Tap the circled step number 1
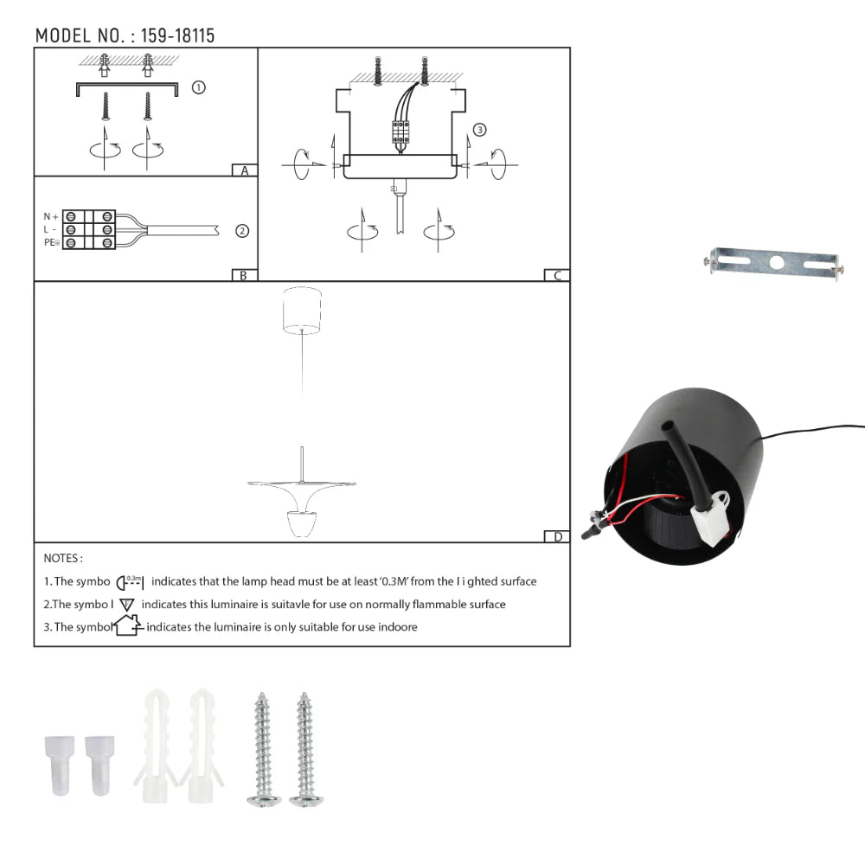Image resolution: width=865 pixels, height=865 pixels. tap(198, 87)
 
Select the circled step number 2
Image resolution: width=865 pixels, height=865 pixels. tap(242, 231)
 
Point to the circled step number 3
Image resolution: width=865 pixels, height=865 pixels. tap(480, 130)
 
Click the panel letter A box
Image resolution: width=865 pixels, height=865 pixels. tap(245, 170)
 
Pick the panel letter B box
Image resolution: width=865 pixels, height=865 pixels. tap(245, 275)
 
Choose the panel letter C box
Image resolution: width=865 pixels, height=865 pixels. tap(557, 275)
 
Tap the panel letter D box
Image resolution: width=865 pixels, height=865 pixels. tap(557, 536)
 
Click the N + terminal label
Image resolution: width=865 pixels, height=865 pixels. tap(51, 216)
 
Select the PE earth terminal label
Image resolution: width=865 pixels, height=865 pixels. tap(51, 243)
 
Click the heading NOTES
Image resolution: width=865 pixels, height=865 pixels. tap(63, 559)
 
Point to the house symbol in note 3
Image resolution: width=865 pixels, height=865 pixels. tap(127, 625)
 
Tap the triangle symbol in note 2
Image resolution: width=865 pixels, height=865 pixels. tap(127, 605)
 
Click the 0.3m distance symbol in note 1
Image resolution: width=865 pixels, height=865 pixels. tap(130, 581)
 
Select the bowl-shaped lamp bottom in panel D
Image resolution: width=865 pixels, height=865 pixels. tap(300, 523)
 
